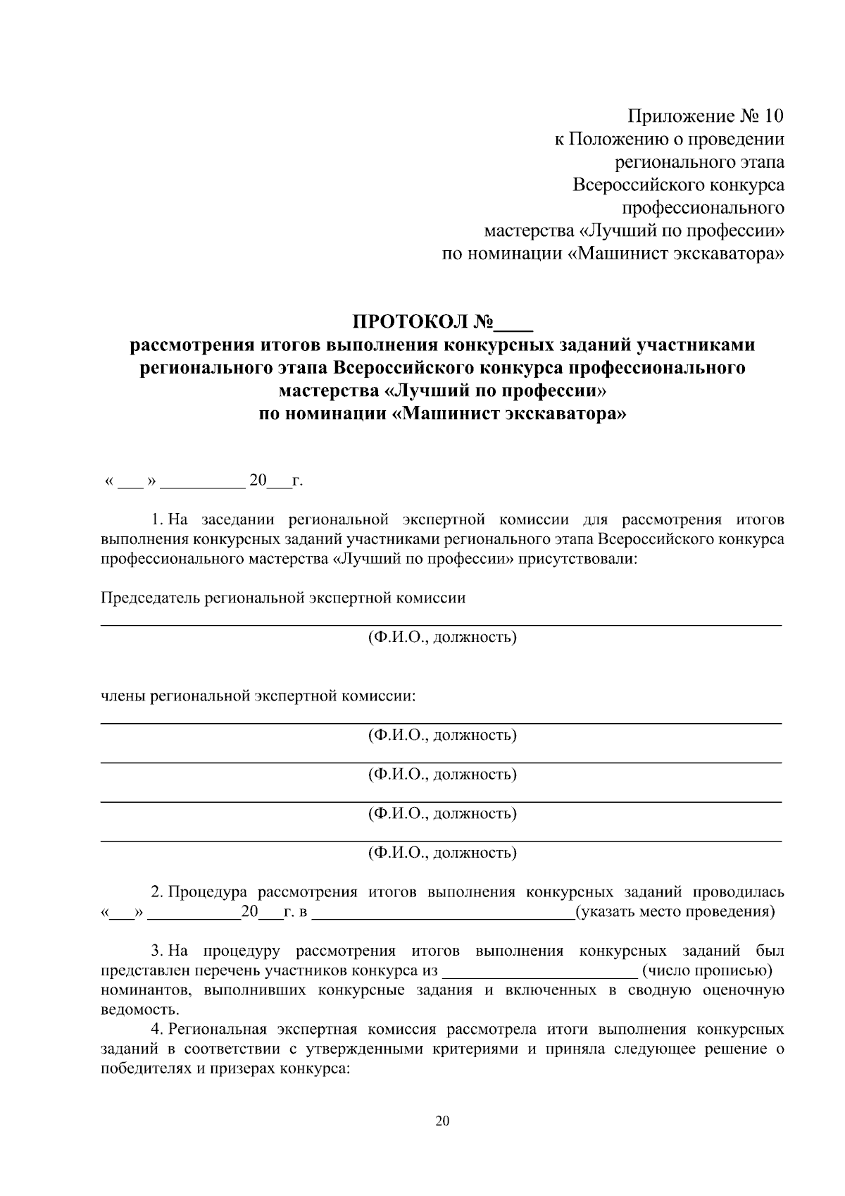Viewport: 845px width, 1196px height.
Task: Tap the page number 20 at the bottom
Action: tap(442, 1121)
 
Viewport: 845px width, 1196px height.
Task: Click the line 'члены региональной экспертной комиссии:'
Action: tap(258, 696)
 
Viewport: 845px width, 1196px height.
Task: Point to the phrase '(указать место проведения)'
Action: tap(675, 912)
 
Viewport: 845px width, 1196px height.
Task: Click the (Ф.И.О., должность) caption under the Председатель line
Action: tap(442, 638)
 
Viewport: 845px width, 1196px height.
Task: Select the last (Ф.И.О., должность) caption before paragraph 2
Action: tap(442, 853)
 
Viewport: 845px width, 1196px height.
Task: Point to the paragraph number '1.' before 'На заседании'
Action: tap(157, 520)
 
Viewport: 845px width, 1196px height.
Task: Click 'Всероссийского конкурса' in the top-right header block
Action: tap(678, 185)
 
